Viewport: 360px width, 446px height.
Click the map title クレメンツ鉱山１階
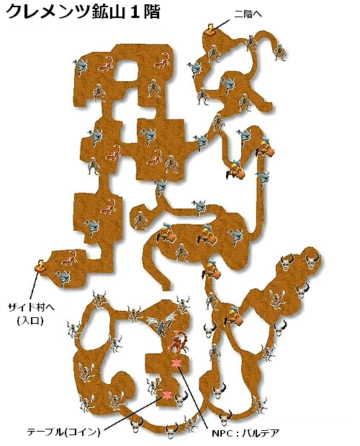83,12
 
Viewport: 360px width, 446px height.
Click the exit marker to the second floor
210,30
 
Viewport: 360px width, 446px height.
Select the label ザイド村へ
31,308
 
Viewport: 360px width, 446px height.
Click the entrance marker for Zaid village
40,266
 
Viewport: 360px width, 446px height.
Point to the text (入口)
30,321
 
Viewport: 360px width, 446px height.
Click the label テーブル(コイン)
64,432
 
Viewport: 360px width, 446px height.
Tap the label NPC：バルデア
246,434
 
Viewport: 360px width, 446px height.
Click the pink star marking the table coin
166,394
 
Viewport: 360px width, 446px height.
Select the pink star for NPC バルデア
176,363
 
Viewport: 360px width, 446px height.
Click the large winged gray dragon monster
161,324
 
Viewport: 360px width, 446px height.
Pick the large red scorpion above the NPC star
178,342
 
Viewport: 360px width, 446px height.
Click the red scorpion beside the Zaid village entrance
69,259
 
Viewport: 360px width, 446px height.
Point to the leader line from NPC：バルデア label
194,396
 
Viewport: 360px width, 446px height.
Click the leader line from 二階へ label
222,24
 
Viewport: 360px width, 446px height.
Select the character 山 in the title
117,12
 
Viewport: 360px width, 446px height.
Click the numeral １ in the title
135,12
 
